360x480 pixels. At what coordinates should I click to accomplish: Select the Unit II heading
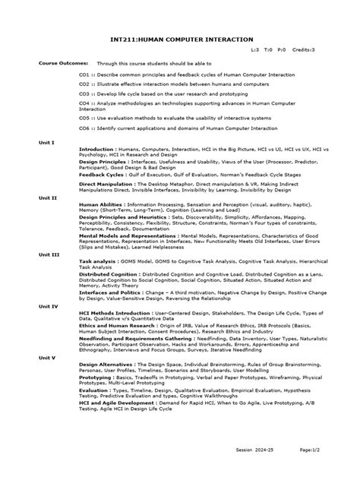(48, 197)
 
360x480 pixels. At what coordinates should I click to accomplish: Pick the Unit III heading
(49, 255)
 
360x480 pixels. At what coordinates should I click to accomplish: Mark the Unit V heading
(47, 356)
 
